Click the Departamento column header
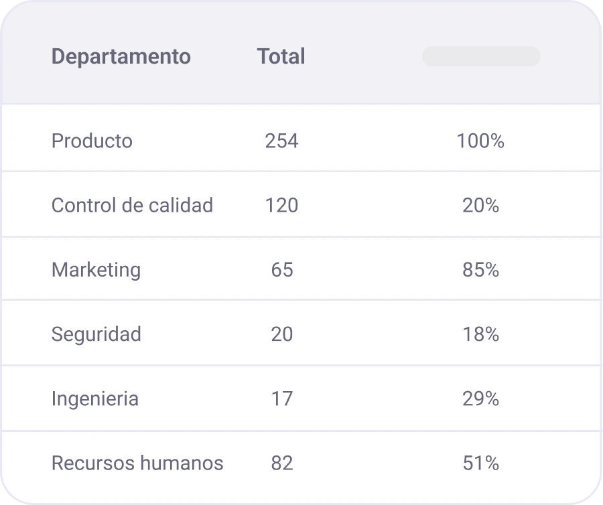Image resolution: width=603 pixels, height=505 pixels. [121, 57]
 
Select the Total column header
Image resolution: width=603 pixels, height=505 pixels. [281, 57]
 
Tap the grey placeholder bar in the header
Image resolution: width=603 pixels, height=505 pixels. [480, 57]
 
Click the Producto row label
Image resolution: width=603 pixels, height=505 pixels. [92, 141]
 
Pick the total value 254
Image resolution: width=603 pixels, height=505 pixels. [281, 141]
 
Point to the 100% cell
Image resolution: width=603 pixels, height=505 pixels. [480, 141]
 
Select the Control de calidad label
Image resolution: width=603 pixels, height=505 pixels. [132, 206]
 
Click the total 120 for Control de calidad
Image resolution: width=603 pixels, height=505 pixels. [281, 206]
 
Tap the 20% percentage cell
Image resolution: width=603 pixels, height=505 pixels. [480, 206]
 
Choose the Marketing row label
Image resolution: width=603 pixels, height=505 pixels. [96, 270]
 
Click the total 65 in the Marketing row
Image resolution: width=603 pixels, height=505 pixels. [281, 270]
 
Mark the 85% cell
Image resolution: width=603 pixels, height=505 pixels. [480, 270]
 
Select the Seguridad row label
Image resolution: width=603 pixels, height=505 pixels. [96, 334]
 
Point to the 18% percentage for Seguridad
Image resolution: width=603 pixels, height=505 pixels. [480, 334]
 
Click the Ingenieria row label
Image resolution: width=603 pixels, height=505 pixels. [94, 399]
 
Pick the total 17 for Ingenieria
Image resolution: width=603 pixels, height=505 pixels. [281, 399]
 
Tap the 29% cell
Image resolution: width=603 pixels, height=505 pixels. [480, 399]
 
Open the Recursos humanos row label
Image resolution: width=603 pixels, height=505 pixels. [137, 463]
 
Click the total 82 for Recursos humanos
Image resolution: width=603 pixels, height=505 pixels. [281, 463]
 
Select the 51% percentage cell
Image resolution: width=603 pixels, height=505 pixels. [480, 463]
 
